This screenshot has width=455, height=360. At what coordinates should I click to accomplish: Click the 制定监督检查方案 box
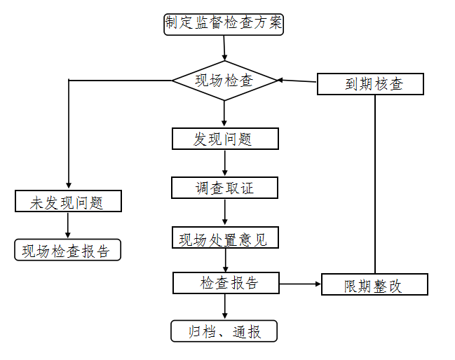click(224, 24)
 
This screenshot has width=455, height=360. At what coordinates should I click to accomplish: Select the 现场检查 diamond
click(225, 81)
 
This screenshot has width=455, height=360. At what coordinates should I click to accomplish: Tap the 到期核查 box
click(370, 84)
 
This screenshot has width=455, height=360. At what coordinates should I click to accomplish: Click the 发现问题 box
click(225, 139)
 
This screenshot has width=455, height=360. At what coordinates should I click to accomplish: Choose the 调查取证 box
click(225, 188)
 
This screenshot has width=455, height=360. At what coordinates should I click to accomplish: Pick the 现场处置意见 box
click(225, 238)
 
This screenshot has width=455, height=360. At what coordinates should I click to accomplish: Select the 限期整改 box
click(374, 285)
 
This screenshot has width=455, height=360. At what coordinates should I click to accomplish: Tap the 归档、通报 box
click(224, 331)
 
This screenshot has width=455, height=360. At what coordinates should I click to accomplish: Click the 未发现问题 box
click(68, 202)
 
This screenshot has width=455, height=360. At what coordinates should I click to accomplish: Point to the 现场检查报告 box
click(67, 250)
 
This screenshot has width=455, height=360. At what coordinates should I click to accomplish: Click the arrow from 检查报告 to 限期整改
click(300, 284)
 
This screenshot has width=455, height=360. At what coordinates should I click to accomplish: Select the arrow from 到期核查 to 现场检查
click(297, 81)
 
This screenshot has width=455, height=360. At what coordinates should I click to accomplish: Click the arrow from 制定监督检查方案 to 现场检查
click(224, 48)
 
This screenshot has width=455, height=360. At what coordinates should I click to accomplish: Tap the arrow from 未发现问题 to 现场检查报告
click(68, 226)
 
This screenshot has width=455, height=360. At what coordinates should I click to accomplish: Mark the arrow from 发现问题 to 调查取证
click(225, 163)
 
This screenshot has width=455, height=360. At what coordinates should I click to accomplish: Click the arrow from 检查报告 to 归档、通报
click(225, 307)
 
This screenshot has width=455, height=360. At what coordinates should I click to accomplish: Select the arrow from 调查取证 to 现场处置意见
click(225, 212)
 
